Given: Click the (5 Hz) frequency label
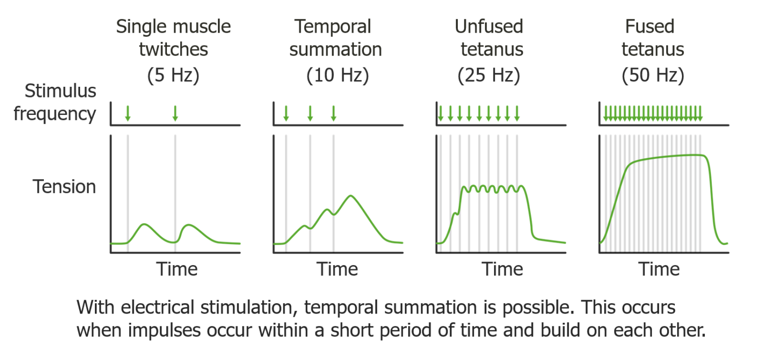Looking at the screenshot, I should pyautogui.click(x=173, y=76).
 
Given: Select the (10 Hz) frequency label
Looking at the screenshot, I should pyautogui.click(x=337, y=76).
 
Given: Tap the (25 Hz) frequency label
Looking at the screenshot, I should pyautogui.click(x=488, y=76).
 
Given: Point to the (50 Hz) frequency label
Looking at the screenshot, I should pyautogui.click(x=652, y=76).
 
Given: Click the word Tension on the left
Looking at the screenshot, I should pyautogui.click(x=64, y=187).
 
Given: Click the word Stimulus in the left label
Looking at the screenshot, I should pyautogui.click(x=61, y=91).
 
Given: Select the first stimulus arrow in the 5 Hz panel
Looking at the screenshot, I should pyautogui.click(x=128, y=113).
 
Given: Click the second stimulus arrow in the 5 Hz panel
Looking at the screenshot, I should pyautogui.click(x=175, y=113).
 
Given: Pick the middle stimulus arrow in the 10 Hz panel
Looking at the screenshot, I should pyautogui.click(x=310, y=113).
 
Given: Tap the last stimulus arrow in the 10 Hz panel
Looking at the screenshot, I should pyautogui.click(x=333, y=113).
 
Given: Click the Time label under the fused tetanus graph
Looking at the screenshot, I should pyautogui.click(x=659, y=269).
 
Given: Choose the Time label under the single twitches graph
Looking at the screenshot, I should pyautogui.click(x=177, y=269).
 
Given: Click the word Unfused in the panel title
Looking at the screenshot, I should pyautogui.click(x=488, y=27).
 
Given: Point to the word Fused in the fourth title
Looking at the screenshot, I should pyautogui.click(x=650, y=27).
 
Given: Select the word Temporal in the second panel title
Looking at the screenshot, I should pyautogui.click(x=333, y=27).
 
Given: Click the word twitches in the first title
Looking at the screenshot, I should pyautogui.click(x=174, y=50).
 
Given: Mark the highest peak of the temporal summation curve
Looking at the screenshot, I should pyautogui.click(x=350, y=196).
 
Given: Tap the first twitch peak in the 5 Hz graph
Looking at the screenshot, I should pyautogui.click(x=144, y=224).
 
